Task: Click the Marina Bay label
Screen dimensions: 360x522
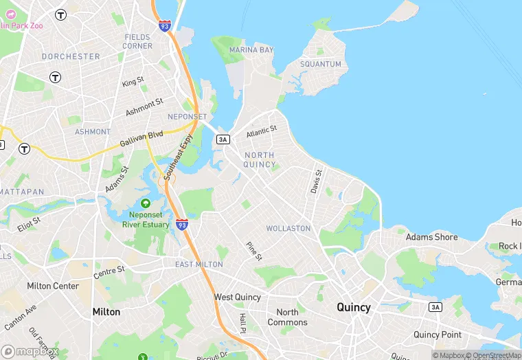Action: (251, 50)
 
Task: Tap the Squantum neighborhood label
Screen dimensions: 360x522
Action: (320, 64)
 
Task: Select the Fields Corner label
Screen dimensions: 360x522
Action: (138, 41)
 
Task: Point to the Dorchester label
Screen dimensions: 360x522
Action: (71, 56)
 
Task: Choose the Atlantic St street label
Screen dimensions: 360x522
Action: (262, 130)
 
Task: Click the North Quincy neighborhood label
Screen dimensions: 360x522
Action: (260, 160)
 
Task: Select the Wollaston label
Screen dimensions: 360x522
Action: (288, 228)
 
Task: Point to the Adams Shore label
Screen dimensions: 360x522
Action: (431, 237)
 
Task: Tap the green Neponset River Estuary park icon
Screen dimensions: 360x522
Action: (146, 204)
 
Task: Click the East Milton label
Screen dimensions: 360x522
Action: (199, 265)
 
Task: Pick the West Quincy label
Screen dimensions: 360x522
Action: (238, 297)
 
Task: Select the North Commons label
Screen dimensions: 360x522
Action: (287, 317)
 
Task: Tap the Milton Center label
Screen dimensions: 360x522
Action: (53, 286)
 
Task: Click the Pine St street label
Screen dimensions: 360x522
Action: (254, 251)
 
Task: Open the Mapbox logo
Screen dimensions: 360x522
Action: (30, 351)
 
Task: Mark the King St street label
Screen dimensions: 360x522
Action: (133, 82)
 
